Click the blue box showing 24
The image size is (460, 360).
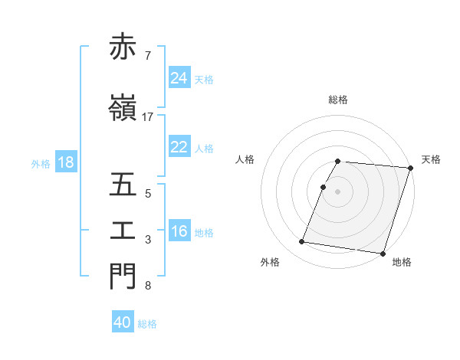179,78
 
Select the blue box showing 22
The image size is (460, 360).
179,147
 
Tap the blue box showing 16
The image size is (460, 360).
179,231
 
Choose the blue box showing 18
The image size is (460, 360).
65,162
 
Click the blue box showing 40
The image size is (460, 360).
123,322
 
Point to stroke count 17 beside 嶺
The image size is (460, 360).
148,116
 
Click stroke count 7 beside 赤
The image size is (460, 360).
148,55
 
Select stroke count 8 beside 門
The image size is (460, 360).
148,286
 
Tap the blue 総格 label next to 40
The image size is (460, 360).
147,324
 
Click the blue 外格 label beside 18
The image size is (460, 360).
41,163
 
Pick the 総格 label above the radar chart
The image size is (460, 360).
338,100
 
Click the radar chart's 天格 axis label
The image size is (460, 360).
431,159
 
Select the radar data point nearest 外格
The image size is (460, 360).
302,242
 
